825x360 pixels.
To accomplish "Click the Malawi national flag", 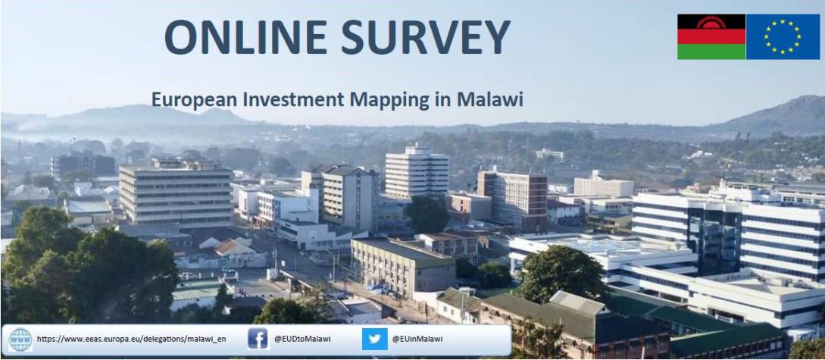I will coord(711,36).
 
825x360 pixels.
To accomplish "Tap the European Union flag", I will coord(783,36).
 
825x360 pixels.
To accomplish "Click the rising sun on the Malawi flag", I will coord(711,22).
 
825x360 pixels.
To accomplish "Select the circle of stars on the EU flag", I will coord(783,36).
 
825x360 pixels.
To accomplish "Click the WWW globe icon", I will coord(20,339).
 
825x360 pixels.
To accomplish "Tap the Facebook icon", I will coord(258,339).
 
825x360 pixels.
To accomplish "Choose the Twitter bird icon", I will coord(374,339).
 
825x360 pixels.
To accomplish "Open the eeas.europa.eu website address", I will coord(131,339).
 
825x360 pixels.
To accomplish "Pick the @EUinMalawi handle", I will coord(417,339).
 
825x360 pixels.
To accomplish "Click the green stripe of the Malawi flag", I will coord(711,52).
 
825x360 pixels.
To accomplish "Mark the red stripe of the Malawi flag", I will coord(711,36).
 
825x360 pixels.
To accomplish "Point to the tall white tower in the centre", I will coord(416,172).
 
